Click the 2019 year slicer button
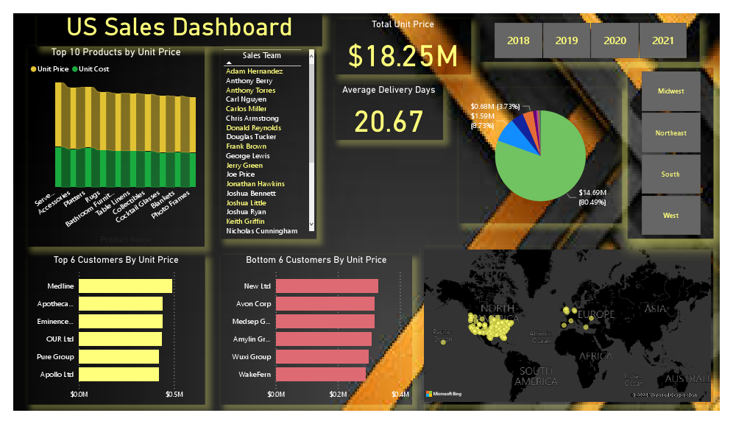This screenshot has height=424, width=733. coord(567,41)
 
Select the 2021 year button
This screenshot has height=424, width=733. coord(663,41)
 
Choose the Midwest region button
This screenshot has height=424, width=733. coord(670,91)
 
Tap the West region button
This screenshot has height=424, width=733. coord(670,216)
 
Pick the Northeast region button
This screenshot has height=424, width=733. coord(670,133)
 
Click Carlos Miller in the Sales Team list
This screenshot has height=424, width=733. coord(247,109)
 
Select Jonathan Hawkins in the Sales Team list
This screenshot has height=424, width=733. coord(255,184)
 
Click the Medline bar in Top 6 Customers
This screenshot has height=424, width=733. coord(125,286)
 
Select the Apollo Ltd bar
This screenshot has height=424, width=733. coord(118,375)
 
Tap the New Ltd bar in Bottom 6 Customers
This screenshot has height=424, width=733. coord(327,286)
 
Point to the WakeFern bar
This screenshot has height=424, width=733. coord(321,375)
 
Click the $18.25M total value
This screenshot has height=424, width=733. coord(403,56)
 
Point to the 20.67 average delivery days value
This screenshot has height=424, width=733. coord(389,121)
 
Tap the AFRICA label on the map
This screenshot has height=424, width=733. coord(595,356)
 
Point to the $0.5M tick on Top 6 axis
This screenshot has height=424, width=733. coord(174,395)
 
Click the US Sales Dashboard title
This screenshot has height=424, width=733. coord(180,27)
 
